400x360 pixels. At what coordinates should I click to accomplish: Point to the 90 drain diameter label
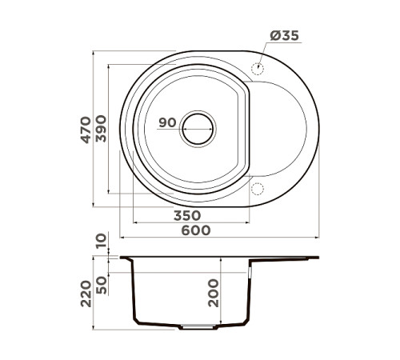tap(166, 122)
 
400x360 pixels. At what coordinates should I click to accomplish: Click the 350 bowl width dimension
tap(186, 215)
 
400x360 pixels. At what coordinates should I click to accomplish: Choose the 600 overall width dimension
tap(194, 230)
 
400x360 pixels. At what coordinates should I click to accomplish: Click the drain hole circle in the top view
tap(198, 128)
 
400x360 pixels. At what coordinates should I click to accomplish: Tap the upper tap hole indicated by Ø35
tap(258, 69)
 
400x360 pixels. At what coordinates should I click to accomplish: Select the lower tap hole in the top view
tap(258, 188)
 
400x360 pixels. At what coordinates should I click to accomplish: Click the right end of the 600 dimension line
tap(318, 238)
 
